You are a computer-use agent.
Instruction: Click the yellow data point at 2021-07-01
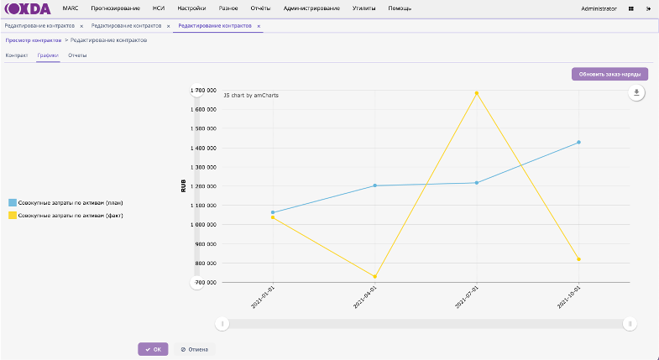(x=477, y=93)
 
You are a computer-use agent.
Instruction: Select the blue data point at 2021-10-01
(x=578, y=143)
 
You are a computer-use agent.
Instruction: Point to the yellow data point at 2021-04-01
(x=374, y=277)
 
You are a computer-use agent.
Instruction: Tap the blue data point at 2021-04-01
(x=374, y=185)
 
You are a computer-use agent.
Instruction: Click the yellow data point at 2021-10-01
(x=578, y=259)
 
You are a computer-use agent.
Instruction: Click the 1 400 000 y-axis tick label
(x=205, y=148)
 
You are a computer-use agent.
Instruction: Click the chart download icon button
(x=637, y=92)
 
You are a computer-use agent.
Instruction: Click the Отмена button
(x=196, y=349)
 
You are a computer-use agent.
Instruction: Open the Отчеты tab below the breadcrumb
(x=77, y=55)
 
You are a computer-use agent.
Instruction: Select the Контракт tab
(x=17, y=55)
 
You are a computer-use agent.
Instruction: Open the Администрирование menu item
(x=311, y=8)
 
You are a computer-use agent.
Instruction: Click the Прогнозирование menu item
(x=115, y=8)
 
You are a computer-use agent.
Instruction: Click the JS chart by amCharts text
(x=251, y=95)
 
